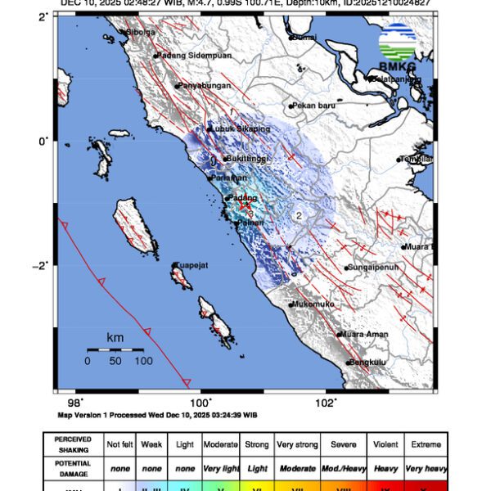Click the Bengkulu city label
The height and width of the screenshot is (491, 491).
[x=366, y=363]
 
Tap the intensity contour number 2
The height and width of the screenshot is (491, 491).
[x=300, y=215]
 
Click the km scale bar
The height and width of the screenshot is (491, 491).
[x=115, y=350]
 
